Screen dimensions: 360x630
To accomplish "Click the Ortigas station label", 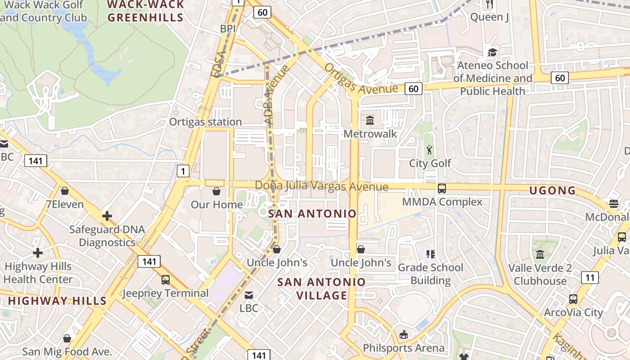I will (x=205, y=122).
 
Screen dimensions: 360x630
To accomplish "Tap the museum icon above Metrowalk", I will (x=370, y=120).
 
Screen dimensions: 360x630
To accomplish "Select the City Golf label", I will (x=430, y=163).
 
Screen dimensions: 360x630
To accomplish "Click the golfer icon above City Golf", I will (x=429, y=150).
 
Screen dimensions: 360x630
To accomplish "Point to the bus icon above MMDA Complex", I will (x=442, y=188).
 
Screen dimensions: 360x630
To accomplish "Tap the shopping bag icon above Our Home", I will (x=216, y=191).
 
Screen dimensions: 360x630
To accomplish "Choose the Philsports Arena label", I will (x=404, y=348).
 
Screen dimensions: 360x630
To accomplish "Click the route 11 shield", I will (x=589, y=277).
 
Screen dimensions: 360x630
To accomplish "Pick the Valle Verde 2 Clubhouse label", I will (x=540, y=274).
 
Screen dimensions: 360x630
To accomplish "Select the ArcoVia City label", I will (x=573, y=312).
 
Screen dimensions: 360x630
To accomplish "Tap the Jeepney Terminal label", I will (x=166, y=293).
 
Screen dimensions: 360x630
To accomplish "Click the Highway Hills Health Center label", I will (x=38, y=273).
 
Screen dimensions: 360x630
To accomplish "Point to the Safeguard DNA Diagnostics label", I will (x=107, y=236).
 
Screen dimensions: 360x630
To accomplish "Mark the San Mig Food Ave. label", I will (x=67, y=351).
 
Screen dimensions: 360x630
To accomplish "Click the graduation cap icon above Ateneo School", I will (x=492, y=52).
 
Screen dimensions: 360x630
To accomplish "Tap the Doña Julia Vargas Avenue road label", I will (x=321, y=186).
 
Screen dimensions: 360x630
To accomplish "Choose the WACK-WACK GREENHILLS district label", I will (x=146, y=11).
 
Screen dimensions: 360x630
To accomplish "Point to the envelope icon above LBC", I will (x=248, y=295).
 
